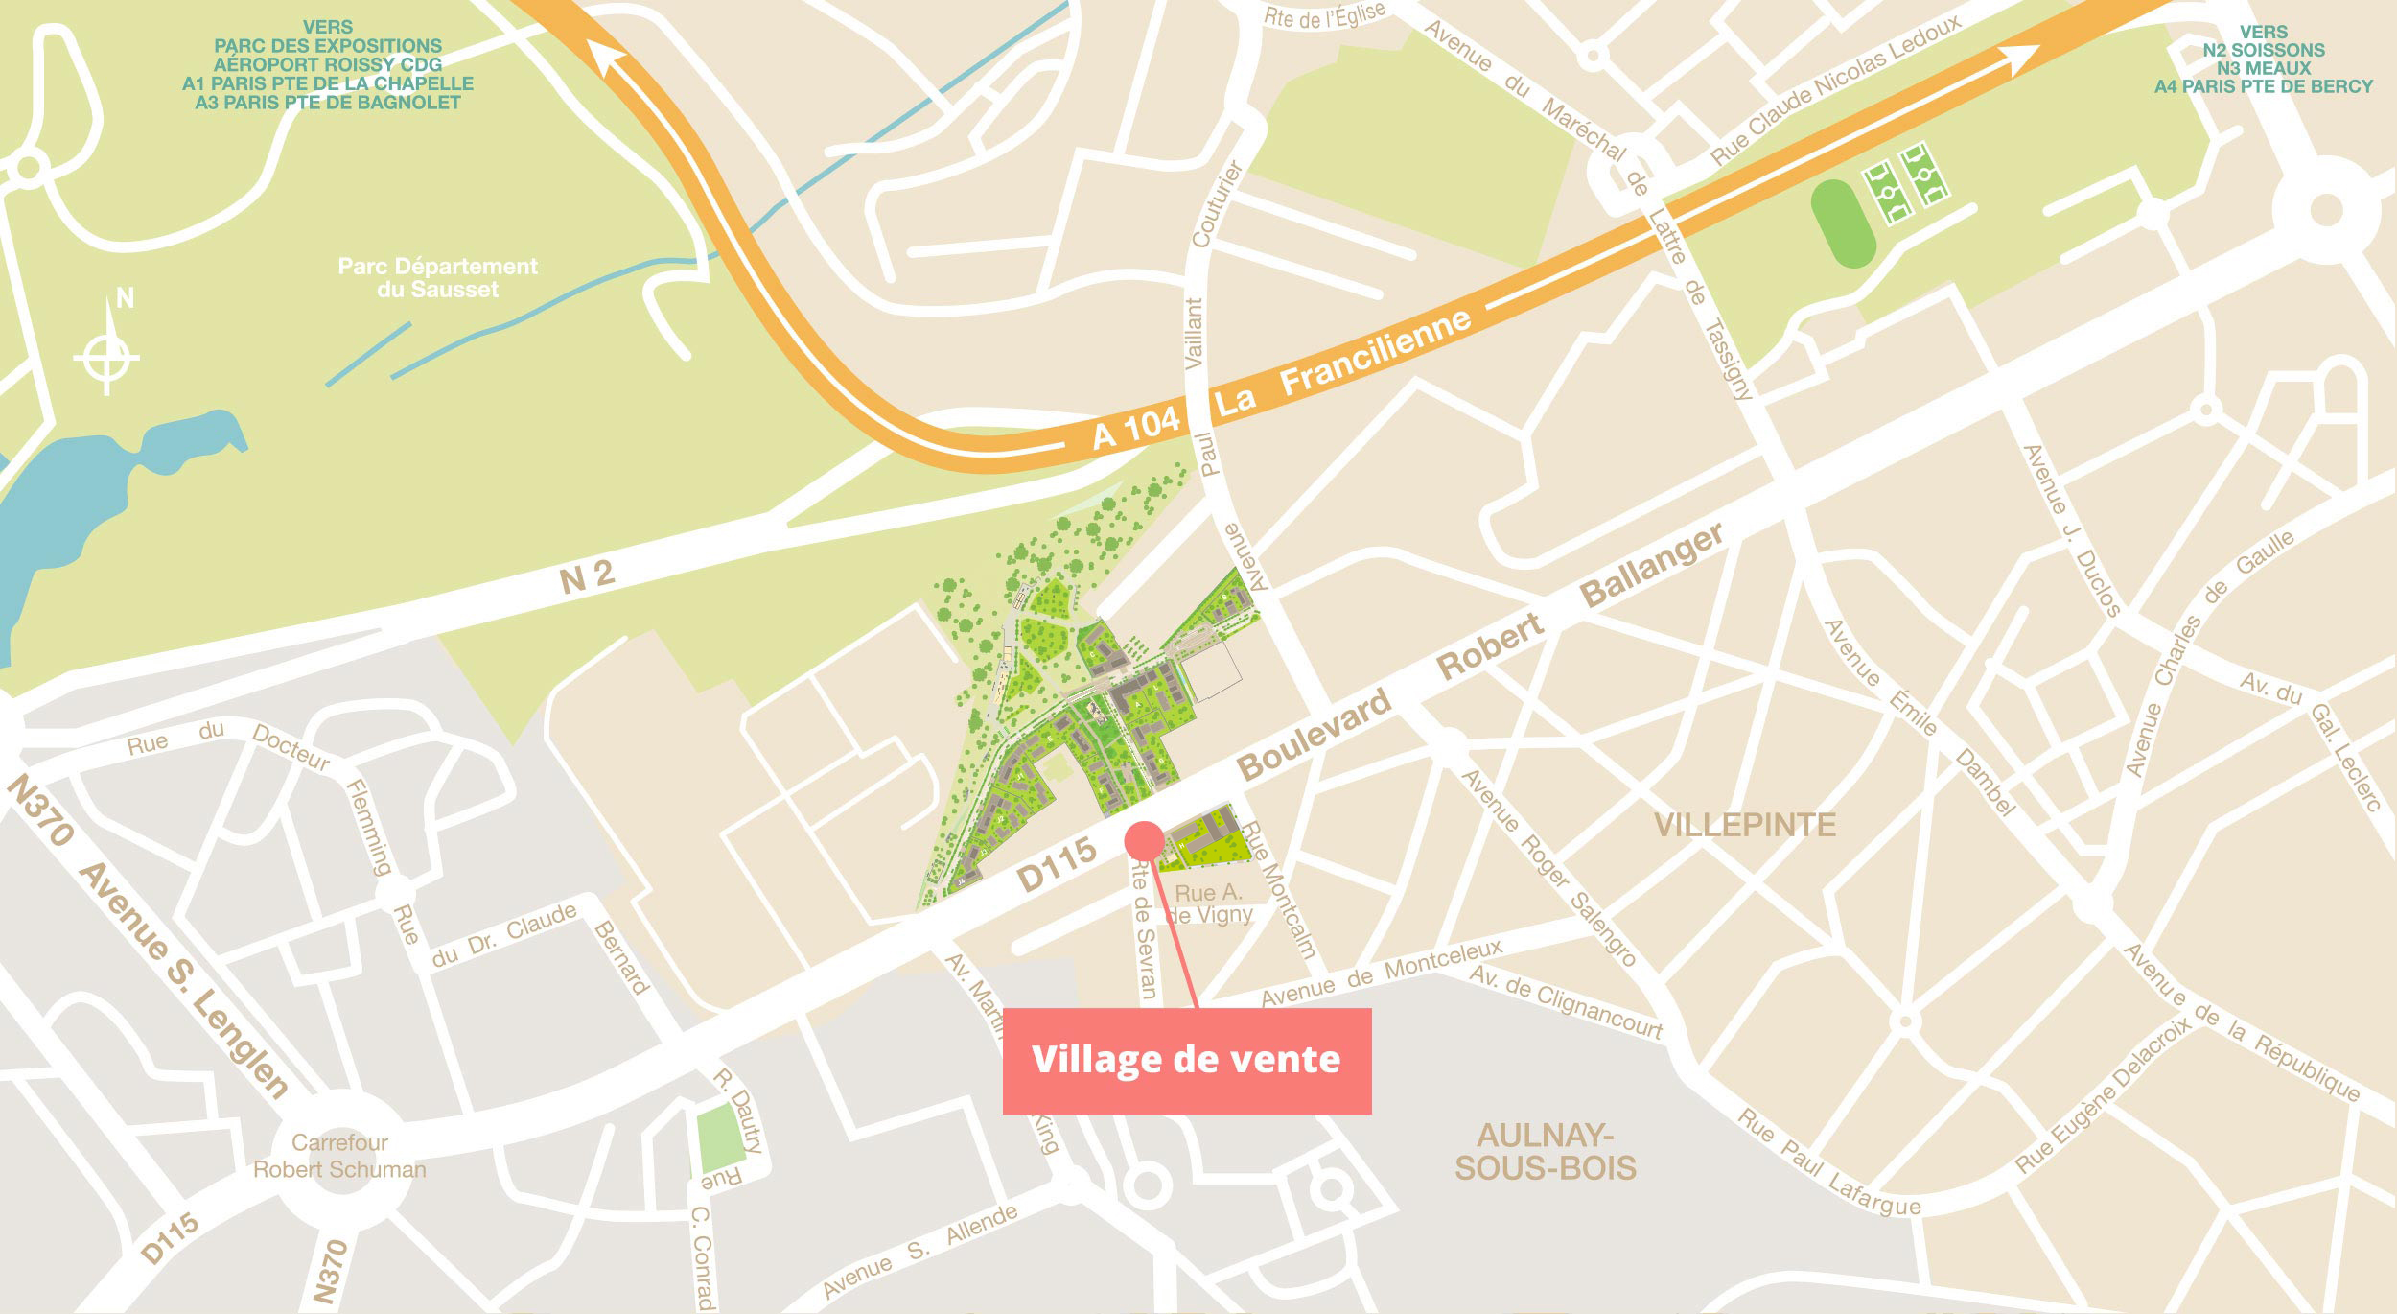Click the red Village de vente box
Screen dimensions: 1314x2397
click(x=1186, y=1060)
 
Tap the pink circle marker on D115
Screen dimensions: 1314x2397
click(x=1144, y=840)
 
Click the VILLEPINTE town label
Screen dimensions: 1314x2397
click(x=1745, y=825)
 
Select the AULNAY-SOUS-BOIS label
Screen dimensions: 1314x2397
click(x=1545, y=1152)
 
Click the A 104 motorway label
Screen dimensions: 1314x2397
click(x=1136, y=428)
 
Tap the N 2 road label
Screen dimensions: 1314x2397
click(x=586, y=576)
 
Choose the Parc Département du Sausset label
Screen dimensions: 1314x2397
click(x=437, y=277)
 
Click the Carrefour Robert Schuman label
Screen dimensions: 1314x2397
click(x=339, y=1156)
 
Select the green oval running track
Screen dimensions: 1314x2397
click(x=1842, y=223)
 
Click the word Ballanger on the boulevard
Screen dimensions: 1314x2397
click(x=1651, y=565)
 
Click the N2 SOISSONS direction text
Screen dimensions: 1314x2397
click(x=2263, y=50)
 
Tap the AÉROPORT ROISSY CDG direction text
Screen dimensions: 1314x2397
click(x=328, y=64)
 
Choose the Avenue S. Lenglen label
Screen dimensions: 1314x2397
click(x=182, y=978)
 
